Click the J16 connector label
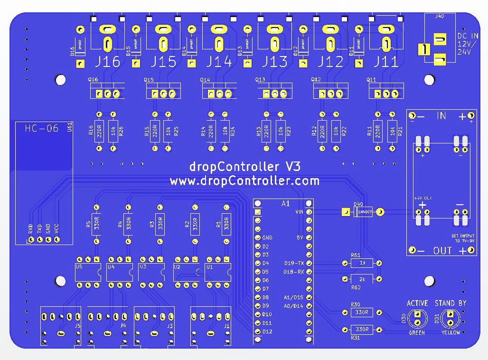[x=108, y=62]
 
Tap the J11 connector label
[x=385, y=62]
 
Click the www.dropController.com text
[x=244, y=181]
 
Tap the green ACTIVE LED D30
[x=417, y=318]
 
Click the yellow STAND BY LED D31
[x=449, y=318]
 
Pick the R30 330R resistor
[x=362, y=313]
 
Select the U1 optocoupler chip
[x=217, y=272]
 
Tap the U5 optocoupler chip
[x=88, y=272]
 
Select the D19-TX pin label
[x=294, y=263]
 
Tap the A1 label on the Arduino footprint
[x=285, y=203]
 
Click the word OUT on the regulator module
[x=442, y=251]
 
